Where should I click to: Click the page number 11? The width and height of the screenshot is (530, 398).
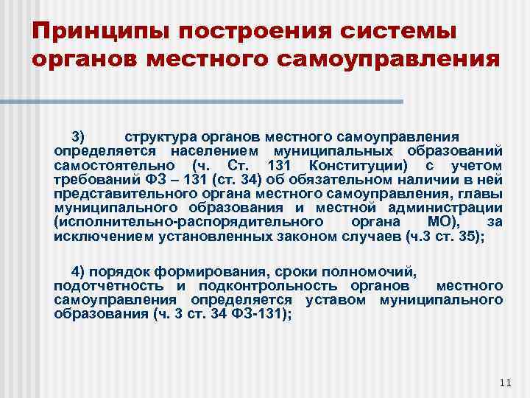tap(504, 381)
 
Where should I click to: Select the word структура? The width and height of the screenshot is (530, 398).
tap(157, 136)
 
